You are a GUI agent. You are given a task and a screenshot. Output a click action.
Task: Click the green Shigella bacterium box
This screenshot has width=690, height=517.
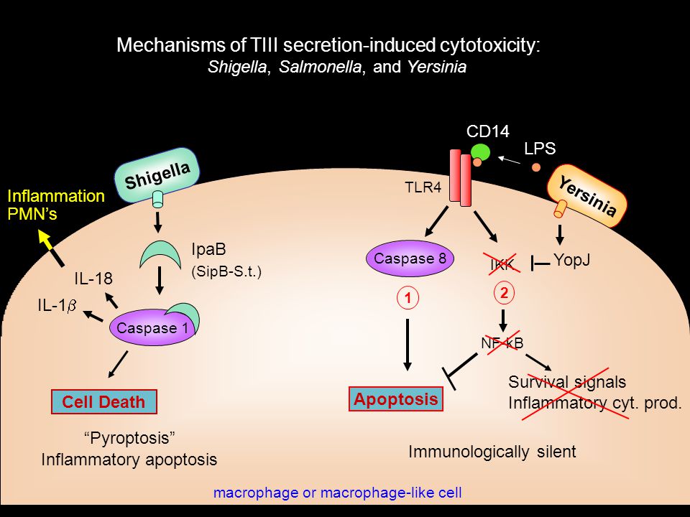click(157, 175)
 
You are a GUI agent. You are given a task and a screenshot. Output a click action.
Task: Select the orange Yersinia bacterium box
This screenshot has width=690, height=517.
click(587, 196)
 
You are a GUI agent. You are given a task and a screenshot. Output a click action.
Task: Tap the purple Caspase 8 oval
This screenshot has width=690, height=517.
click(410, 258)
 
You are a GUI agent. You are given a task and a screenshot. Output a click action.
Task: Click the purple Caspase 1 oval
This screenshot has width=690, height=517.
click(152, 327)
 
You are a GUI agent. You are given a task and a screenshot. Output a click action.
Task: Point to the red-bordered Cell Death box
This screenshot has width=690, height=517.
click(103, 402)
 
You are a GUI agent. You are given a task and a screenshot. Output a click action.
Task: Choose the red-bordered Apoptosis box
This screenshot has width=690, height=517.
click(395, 399)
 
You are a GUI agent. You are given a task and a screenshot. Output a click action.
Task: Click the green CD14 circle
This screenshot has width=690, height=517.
click(480, 152)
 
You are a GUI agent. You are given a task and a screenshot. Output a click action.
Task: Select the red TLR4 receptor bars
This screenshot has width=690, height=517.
click(460, 177)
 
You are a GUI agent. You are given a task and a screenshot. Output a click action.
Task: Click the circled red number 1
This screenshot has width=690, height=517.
click(408, 299)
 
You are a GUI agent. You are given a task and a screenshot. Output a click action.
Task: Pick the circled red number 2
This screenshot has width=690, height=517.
click(505, 293)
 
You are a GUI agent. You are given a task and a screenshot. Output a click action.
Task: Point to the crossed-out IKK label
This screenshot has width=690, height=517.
click(502, 265)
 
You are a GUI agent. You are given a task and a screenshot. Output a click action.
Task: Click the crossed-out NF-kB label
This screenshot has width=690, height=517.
click(502, 343)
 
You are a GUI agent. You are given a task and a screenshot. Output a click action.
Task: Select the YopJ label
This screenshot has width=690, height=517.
click(571, 260)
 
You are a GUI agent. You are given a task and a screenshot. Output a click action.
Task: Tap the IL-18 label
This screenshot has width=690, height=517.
click(93, 279)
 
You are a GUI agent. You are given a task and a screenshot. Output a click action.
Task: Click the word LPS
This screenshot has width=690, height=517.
click(540, 149)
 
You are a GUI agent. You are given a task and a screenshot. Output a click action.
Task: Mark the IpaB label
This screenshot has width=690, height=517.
click(208, 249)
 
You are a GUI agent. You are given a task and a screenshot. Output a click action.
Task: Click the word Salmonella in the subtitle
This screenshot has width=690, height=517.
click(321, 67)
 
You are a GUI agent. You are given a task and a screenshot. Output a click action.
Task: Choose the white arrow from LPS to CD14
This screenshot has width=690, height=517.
click(509, 159)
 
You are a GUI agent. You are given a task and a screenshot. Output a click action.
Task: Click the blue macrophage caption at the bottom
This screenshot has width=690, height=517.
click(338, 493)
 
